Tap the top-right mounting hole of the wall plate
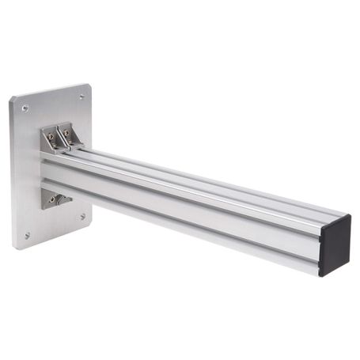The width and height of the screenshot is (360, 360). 81,97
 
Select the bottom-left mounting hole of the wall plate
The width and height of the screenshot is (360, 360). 28,234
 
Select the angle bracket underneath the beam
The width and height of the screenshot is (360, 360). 55,198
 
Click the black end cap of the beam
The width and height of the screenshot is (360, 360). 334,244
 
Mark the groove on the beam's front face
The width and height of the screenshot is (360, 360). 190,207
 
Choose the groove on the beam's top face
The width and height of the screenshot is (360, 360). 198,175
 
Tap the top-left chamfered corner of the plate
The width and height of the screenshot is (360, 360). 13,100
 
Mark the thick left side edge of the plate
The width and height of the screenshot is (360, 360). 11,174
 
